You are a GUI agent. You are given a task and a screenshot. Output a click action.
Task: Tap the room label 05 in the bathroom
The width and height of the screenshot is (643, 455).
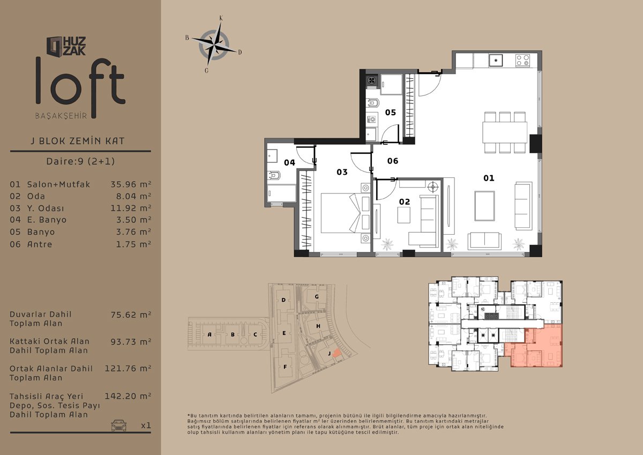pyautogui.click(x=391, y=112)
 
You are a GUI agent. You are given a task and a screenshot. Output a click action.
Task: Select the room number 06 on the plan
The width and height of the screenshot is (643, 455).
pyautogui.click(x=393, y=161)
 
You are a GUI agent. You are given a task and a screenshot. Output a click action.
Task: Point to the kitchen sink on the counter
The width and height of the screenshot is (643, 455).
pyautogui.click(x=496, y=61)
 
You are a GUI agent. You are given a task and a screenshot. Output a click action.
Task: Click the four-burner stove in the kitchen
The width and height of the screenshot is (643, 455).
pyautogui.click(x=522, y=61)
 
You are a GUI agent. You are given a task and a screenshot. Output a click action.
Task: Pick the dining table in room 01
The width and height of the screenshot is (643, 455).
pyautogui.click(x=505, y=132)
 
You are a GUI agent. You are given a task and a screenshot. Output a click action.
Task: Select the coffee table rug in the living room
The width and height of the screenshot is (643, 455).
pyautogui.click(x=484, y=206)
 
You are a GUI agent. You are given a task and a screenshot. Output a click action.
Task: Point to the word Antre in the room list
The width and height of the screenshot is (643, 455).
pyautogui.click(x=40, y=244)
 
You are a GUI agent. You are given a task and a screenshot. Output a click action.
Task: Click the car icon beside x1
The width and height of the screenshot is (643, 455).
pyautogui.click(x=119, y=425)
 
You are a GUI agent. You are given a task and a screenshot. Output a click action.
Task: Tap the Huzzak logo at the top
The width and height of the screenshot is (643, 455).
pyautogui.click(x=66, y=46)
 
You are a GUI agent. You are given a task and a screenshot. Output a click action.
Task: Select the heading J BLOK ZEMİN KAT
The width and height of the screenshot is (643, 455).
pyautogui.click(x=78, y=141)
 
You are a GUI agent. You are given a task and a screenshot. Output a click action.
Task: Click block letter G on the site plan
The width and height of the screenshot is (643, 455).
pyautogui.click(x=317, y=296)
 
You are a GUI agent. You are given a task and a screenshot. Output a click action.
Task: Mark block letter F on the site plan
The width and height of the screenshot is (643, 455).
pyautogui.click(x=285, y=367)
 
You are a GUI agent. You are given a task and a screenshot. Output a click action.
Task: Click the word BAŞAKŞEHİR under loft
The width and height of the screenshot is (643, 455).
pyautogui.click(x=61, y=116)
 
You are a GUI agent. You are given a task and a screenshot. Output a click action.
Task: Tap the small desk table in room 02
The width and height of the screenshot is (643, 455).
pyautogui.click(x=403, y=215)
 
